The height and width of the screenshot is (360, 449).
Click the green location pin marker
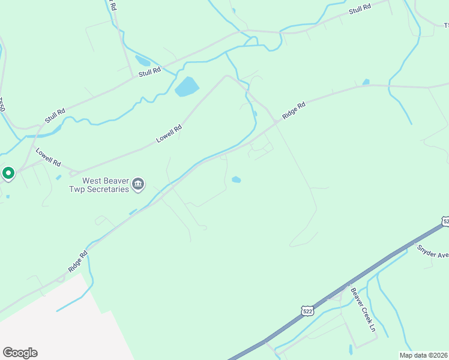[8, 173]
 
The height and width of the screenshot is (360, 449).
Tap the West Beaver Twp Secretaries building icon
[139, 184]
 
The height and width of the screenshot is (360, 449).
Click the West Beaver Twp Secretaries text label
[106, 184]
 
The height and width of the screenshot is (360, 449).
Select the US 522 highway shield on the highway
[307, 310]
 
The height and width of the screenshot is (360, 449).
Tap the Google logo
[20, 353]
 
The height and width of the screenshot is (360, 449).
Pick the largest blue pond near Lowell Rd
[187, 88]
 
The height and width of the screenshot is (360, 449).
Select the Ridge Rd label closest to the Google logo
[77, 262]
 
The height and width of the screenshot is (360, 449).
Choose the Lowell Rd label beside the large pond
[169, 134]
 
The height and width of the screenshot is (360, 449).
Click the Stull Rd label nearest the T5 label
[360, 9]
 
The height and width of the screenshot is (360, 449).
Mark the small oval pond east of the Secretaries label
[237, 179]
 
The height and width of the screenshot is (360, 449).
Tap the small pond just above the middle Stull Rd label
[143, 61]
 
